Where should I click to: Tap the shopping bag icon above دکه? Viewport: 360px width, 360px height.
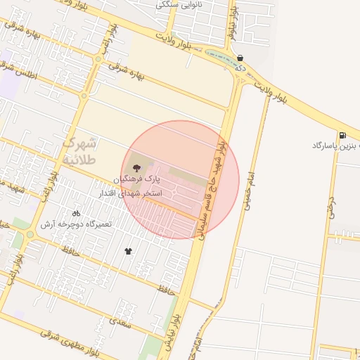(240, 58)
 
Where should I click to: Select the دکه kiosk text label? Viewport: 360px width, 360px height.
(240, 68)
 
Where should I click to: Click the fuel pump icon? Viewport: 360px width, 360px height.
(342, 135)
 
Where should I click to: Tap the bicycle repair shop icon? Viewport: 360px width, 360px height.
(76, 212)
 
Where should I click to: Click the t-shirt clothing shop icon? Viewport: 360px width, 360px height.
(128, 251)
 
